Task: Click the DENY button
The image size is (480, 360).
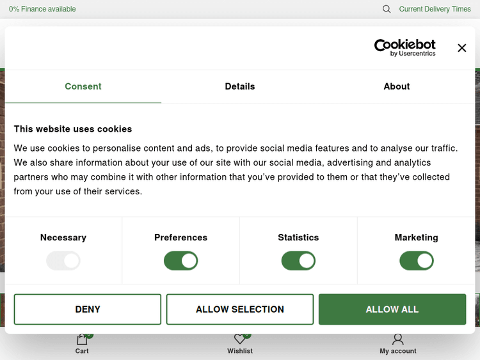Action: (88, 309)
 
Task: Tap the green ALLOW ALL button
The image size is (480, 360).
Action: (392, 309)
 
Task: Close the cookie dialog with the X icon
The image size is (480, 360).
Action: (461, 48)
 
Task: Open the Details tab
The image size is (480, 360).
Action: (240, 86)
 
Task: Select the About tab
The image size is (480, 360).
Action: (397, 86)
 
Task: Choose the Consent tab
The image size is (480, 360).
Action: (83, 86)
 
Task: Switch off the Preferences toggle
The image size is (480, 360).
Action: (181, 261)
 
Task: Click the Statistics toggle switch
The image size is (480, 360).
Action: (298, 261)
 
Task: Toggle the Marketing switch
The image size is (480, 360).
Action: (417, 261)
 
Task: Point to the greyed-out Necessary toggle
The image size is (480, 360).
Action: (63, 261)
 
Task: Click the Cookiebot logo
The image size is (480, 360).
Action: (404, 48)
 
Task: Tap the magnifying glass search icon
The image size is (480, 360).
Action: (387, 9)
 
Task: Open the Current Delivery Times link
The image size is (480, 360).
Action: (435, 9)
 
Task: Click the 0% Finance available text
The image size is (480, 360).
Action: (42, 9)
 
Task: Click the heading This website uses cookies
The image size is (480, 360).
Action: (73, 129)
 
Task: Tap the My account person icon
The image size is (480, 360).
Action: (397, 340)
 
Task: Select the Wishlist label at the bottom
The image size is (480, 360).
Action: (240, 351)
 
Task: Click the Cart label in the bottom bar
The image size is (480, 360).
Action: (82, 351)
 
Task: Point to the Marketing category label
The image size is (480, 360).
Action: (417, 238)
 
